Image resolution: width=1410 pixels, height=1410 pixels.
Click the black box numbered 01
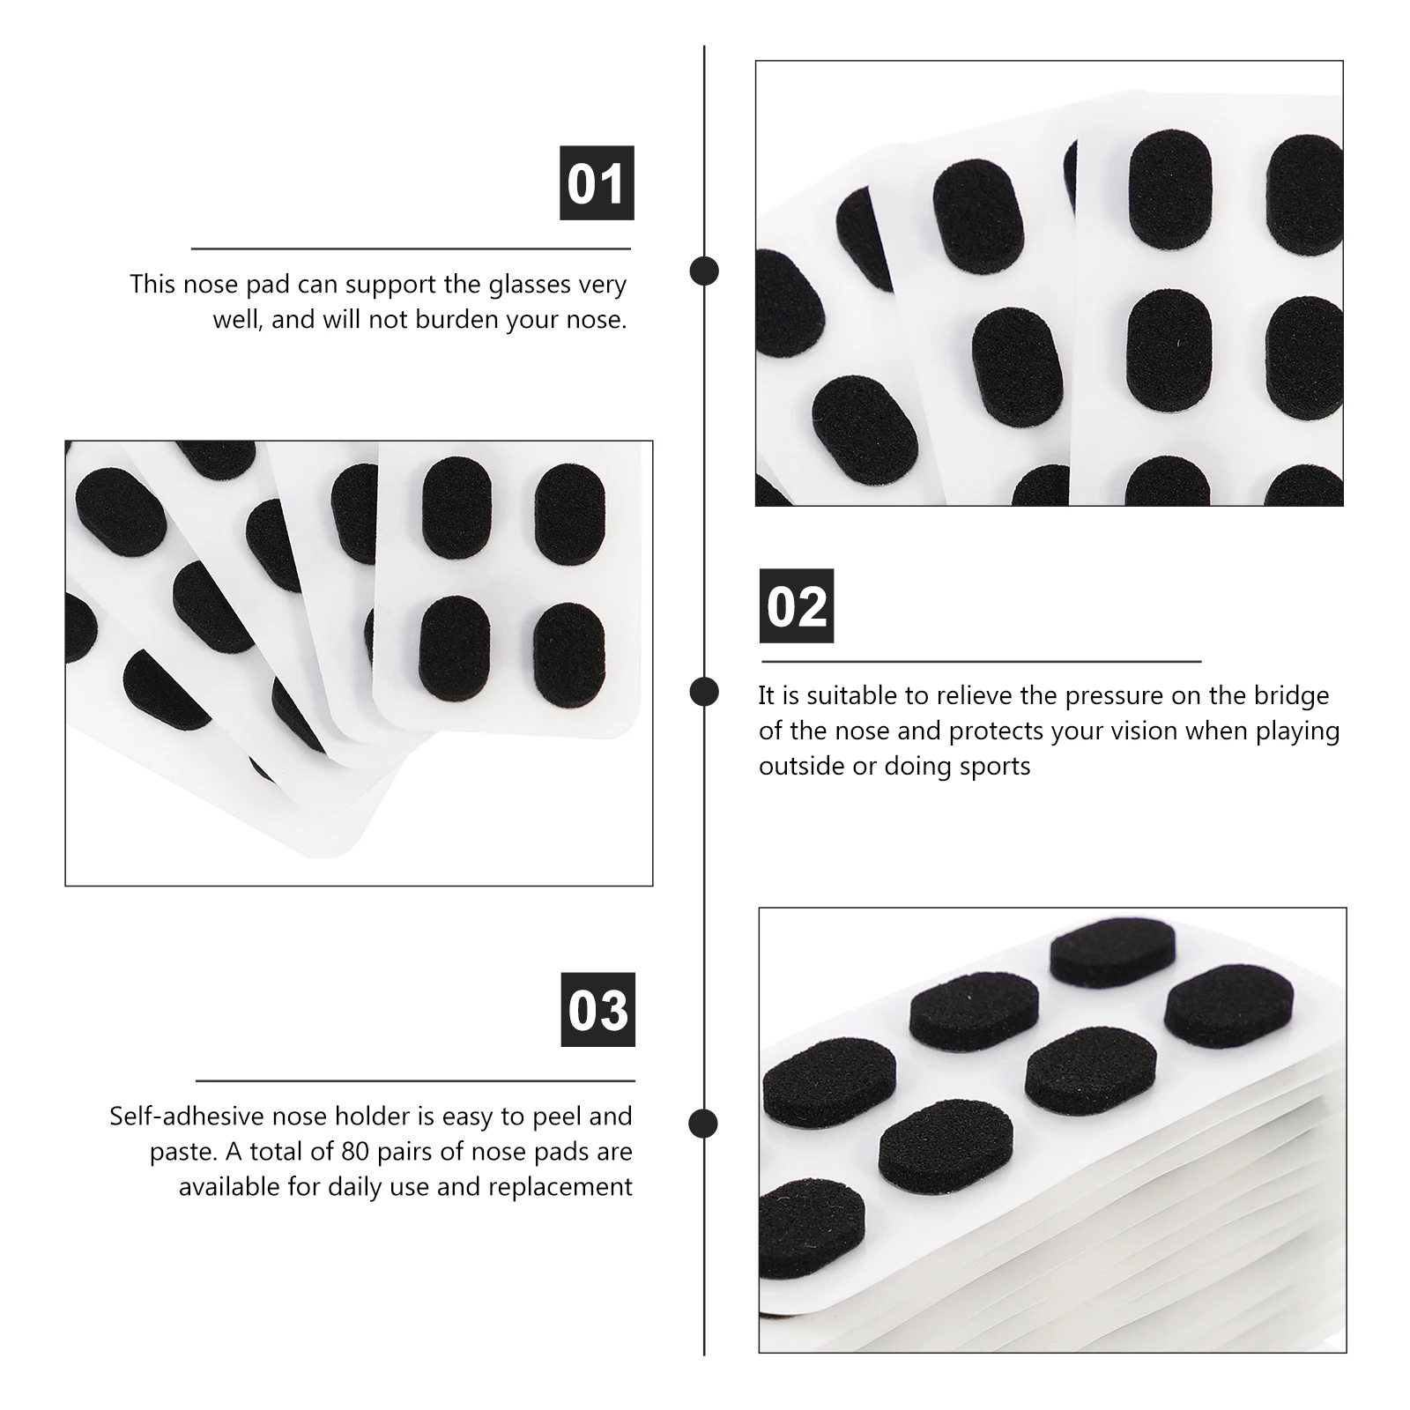pyautogui.click(x=597, y=183)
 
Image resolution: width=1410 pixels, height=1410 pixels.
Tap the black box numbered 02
pyautogui.click(x=796, y=606)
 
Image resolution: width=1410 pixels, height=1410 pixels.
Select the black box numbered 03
pyautogui.click(x=597, y=1009)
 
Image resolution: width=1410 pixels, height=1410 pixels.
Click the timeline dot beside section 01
pyautogui.click(x=704, y=271)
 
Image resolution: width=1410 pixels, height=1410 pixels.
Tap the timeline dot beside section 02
pyautogui.click(x=704, y=692)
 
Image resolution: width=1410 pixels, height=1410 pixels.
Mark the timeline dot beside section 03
pyautogui.click(x=703, y=1124)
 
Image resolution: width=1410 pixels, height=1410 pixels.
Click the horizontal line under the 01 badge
pyautogui.click(x=411, y=249)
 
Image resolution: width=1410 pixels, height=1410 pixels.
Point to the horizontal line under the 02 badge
pyautogui.click(x=981, y=661)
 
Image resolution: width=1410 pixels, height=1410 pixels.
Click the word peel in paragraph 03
pyautogui.click(x=552, y=1117)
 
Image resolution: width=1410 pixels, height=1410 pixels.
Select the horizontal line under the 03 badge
pyautogui.click(x=414, y=1080)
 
